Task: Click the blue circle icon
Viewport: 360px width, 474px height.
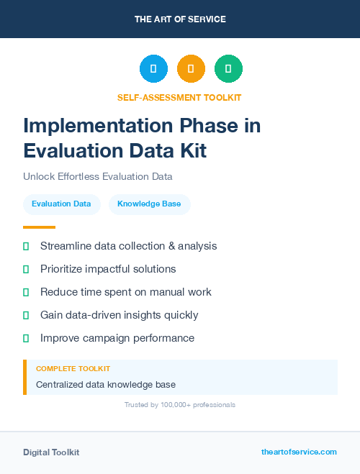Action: coord(153,68)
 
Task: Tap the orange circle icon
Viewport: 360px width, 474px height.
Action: coord(191,68)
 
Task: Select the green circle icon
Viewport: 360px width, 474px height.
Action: coord(228,68)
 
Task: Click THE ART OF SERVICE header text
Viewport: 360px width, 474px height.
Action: coord(180,19)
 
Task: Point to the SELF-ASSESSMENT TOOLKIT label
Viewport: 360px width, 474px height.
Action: coord(179,97)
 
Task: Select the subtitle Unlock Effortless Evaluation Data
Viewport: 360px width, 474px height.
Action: coord(98,176)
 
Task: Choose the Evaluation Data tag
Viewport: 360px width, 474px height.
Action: coord(61,204)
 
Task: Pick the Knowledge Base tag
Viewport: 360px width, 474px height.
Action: coord(149,204)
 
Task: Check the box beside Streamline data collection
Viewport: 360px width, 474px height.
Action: coord(26,246)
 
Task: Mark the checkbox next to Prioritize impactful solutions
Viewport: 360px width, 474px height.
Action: coord(26,269)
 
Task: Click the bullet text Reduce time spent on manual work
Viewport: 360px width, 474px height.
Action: coord(125,292)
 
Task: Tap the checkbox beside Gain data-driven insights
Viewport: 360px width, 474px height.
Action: coord(26,315)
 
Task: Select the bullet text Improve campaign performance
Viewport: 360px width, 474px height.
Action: coord(117,338)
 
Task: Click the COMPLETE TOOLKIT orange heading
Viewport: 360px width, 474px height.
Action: coord(73,368)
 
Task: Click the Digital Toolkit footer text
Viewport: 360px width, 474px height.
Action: coord(51,452)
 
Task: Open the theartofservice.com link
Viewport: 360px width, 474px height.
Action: coord(299,452)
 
